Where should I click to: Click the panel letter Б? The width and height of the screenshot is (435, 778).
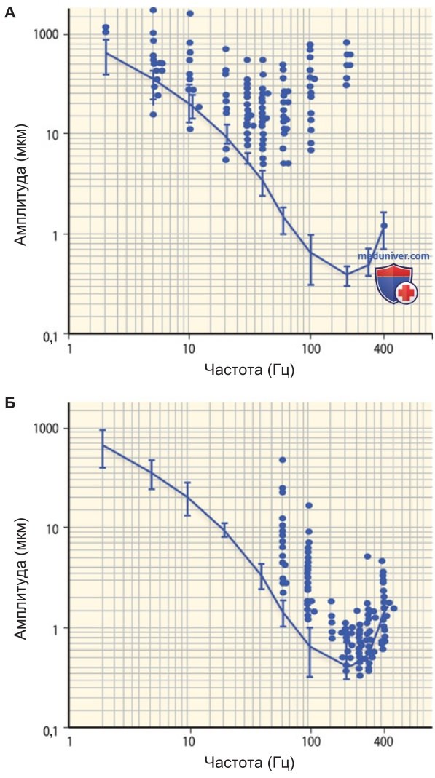coord(9,402)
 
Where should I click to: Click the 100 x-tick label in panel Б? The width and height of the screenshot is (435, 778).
coord(310,742)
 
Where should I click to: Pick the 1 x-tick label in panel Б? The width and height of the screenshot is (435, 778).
coord(70,742)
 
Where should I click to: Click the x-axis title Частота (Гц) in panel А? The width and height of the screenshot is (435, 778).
coord(249,369)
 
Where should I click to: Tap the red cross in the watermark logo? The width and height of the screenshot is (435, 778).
coord(407,293)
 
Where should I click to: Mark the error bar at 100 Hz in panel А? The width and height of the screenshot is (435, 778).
coord(310,260)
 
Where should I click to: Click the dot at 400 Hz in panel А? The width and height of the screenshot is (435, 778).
coord(384,226)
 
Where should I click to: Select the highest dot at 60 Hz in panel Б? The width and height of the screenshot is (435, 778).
coord(283,460)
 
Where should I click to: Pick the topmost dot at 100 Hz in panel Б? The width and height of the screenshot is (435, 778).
coord(309,506)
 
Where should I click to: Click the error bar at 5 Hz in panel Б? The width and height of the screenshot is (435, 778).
coord(152,475)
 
